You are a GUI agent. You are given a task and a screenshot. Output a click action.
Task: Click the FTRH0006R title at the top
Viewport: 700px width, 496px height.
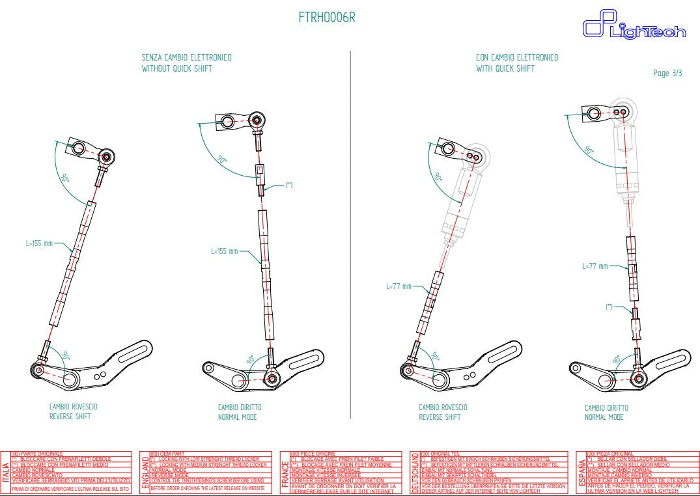(x=327, y=18)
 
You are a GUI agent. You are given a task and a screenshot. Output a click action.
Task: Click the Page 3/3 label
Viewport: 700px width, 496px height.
(x=667, y=74)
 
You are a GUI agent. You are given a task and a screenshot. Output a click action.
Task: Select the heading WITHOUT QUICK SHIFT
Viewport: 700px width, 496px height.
(x=177, y=68)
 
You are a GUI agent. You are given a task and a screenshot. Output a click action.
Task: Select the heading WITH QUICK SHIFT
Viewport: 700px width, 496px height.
(x=505, y=68)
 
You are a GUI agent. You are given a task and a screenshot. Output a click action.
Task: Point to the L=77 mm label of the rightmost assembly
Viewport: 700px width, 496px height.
(x=595, y=266)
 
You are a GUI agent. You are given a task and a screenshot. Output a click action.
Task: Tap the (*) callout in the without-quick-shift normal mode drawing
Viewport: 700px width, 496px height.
(x=289, y=186)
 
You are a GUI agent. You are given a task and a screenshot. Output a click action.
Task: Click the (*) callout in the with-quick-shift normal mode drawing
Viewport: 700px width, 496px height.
(x=609, y=306)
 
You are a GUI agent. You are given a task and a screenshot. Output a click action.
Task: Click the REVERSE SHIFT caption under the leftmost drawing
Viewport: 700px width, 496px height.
(x=70, y=417)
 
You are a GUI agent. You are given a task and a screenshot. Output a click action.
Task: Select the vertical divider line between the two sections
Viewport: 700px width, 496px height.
(x=350, y=228)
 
